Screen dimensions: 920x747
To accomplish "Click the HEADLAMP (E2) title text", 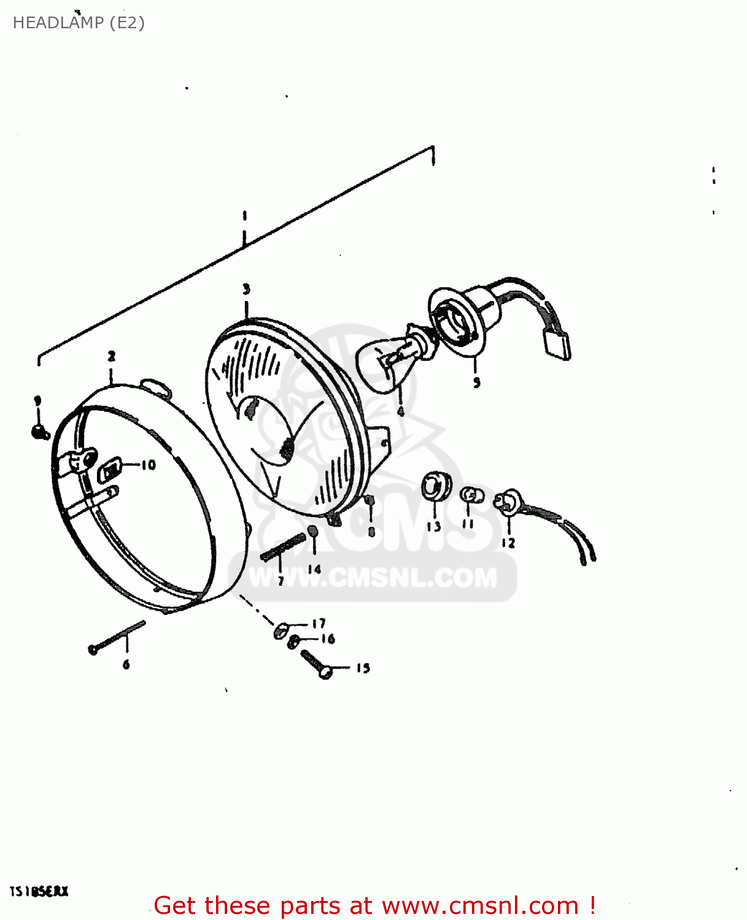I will coord(79,23).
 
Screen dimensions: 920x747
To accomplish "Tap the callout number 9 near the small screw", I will coord(37,401).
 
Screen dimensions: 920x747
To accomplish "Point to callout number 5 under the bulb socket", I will coord(477,383).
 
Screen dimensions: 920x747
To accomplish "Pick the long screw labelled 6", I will coord(117,637).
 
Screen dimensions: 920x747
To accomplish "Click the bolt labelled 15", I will coord(317,664).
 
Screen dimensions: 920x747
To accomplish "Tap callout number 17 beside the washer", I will coord(319,624).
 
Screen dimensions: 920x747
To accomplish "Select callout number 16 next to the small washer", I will coord(328,639).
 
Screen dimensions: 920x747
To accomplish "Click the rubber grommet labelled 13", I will coord(435,488).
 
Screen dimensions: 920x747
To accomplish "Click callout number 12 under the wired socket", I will coord(508,543).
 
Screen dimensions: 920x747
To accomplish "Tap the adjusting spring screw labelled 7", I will coord(283,547).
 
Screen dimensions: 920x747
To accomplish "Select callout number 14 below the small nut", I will coord(314,569).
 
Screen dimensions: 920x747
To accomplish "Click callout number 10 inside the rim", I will coord(149,466).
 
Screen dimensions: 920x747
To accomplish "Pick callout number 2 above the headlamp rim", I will coord(112,356).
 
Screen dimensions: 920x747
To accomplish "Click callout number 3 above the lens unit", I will coord(246,289).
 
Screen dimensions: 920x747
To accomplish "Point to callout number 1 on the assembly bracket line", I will coord(244,215).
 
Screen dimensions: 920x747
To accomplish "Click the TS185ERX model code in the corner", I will coord(39,891).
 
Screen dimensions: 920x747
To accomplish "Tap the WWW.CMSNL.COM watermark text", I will coord(373,578).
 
